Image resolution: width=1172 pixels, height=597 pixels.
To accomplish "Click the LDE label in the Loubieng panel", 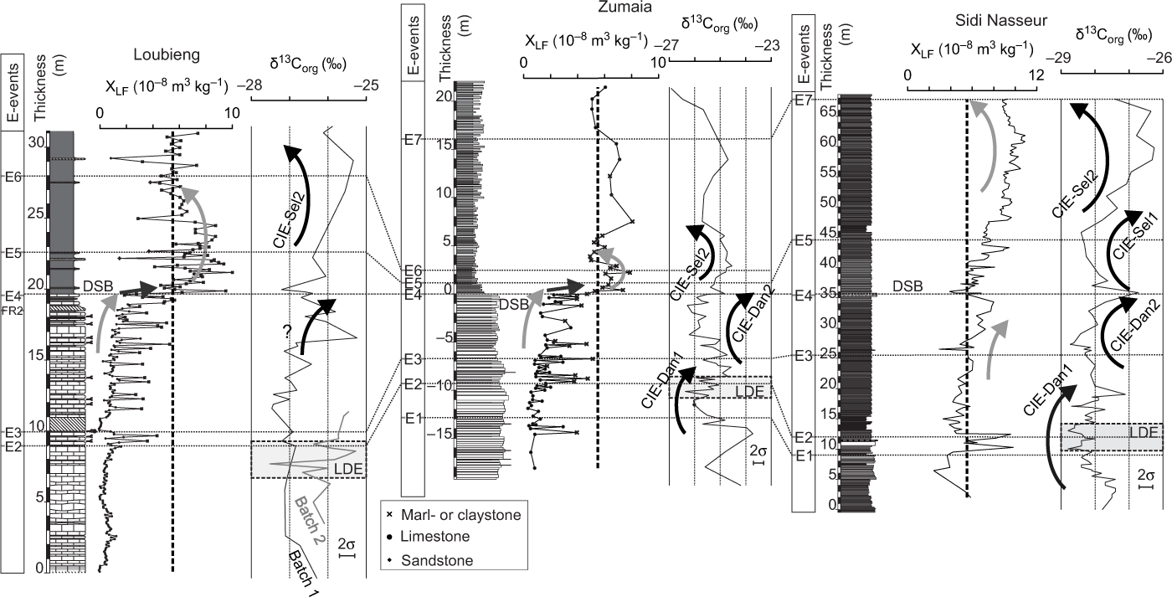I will (349, 468).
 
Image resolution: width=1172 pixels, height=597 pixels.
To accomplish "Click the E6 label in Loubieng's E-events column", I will (12, 176).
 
